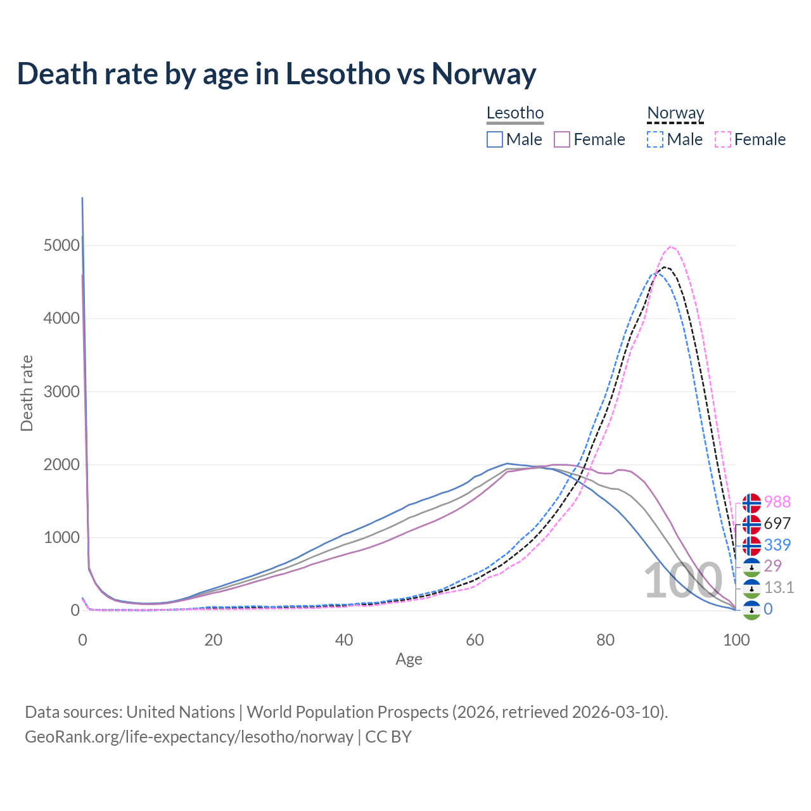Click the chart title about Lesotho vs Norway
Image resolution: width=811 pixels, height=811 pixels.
pyautogui.click(x=276, y=73)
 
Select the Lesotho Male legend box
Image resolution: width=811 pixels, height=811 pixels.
pyautogui.click(x=495, y=139)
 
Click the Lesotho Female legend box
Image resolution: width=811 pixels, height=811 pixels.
pyautogui.click(x=563, y=139)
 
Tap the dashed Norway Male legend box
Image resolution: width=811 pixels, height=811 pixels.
pyautogui.click(x=655, y=139)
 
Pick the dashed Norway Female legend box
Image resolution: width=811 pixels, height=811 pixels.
pyautogui.click(x=723, y=139)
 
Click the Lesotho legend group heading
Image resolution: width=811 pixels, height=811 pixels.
pyautogui.click(x=515, y=113)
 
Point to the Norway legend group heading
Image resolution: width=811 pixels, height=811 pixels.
pyautogui.click(x=675, y=113)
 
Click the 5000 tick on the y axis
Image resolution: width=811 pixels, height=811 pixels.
pyautogui.click(x=61, y=246)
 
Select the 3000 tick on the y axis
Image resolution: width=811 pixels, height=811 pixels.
pyautogui.click(x=61, y=392)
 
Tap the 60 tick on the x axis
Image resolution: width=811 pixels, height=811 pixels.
pyautogui.click(x=475, y=640)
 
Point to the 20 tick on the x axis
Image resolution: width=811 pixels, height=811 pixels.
pyautogui.click(x=214, y=640)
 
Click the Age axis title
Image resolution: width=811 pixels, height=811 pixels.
pyautogui.click(x=409, y=660)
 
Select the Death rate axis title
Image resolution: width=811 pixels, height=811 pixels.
pyautogui.click(x=27, y=393)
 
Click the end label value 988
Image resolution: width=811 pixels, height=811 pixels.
pyautogui.click(x=777, y=502)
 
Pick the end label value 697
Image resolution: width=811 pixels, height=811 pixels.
pyautogui.click(x=777, y=523)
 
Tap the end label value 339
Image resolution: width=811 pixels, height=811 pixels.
pyautogui.click(x=777, y=545)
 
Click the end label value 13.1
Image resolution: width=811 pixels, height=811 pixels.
pyautogui.click(x=779, y=588)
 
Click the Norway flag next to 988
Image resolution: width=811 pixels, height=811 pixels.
pyautogui.click(x=751, y=503)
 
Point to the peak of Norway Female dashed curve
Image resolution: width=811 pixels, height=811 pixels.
pyautogui.click(x=671, y=246)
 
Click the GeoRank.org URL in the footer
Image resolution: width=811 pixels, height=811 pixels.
pyautogui.click(x=189, y=737)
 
